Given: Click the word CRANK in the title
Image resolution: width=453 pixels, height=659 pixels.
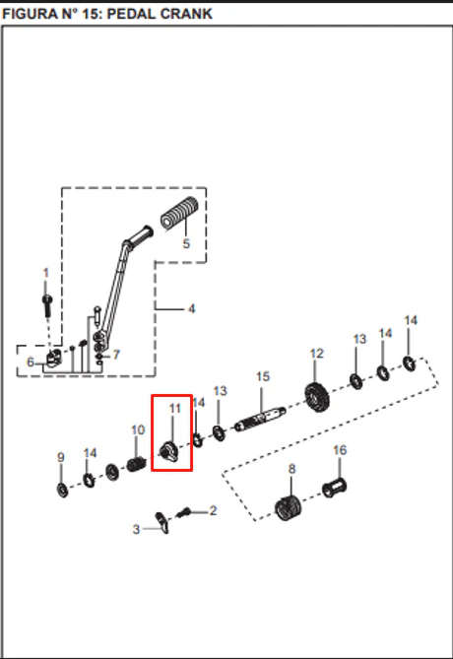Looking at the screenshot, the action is (x=186, y=14).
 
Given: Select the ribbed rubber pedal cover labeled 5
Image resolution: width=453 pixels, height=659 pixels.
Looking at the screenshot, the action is (x=179, y=214).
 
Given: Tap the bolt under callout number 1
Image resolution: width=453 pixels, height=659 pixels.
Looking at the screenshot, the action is (x=47, y=305).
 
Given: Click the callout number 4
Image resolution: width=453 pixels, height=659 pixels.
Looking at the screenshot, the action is (x=192, y=309).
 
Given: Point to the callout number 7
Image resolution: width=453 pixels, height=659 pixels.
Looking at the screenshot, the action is (x=116, y=355).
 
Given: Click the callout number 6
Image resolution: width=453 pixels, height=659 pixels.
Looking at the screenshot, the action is (x=31, y=362).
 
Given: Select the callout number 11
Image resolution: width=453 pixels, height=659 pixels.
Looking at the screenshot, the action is (x=175, y=408).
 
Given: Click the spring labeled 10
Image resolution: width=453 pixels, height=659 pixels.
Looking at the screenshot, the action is (x=137, y=464).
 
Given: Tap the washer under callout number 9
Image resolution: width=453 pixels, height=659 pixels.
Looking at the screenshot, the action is (x=63, y=490).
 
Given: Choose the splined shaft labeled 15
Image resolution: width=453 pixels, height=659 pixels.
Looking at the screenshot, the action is (x=260, y=419).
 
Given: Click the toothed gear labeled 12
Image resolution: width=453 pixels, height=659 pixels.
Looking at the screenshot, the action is (x=317, y=398).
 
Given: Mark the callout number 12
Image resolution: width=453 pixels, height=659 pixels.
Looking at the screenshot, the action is (x=317, y=354).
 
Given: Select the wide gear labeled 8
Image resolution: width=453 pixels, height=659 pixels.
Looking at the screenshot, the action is (x=288, y=507).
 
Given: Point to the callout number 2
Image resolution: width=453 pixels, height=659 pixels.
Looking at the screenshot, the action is (x=213, y=510).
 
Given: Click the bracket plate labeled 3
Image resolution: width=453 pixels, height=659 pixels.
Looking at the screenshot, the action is (x=162, y=523).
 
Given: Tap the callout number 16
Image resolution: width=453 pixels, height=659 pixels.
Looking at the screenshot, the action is (x=340, y=450).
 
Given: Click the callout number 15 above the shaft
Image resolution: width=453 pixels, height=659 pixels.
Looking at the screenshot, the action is (x=263, y=376).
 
